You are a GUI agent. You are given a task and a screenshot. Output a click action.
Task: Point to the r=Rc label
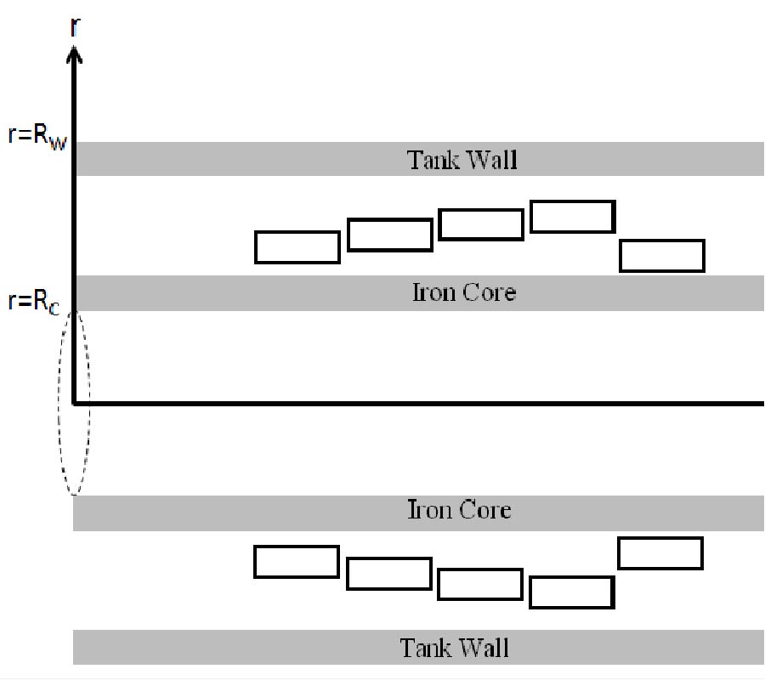[35, 302]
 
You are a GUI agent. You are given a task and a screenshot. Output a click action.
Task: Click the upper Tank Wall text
[462, 160]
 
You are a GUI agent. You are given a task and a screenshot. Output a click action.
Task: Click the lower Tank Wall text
[455, 648]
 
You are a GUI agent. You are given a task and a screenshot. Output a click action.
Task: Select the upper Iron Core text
[463, 293]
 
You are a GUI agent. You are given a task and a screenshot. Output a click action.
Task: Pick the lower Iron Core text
[460, 511]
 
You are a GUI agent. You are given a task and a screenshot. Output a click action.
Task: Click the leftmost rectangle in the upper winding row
[297, 247]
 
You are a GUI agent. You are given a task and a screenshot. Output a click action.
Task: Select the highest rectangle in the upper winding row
[573, 217]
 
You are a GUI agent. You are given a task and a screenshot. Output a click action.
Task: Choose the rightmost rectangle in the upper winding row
[662, 256]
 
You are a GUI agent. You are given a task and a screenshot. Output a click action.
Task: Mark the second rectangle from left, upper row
[390, 235]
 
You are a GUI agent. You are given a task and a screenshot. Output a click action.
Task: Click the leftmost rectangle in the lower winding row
[297, 562]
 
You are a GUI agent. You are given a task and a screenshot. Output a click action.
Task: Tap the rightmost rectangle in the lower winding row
[660, 553]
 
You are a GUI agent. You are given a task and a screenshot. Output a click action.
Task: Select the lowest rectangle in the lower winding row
[572, 592]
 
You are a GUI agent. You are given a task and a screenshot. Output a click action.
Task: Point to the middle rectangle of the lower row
[480, 584]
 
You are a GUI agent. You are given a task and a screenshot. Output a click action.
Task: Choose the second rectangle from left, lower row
[389, 574]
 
